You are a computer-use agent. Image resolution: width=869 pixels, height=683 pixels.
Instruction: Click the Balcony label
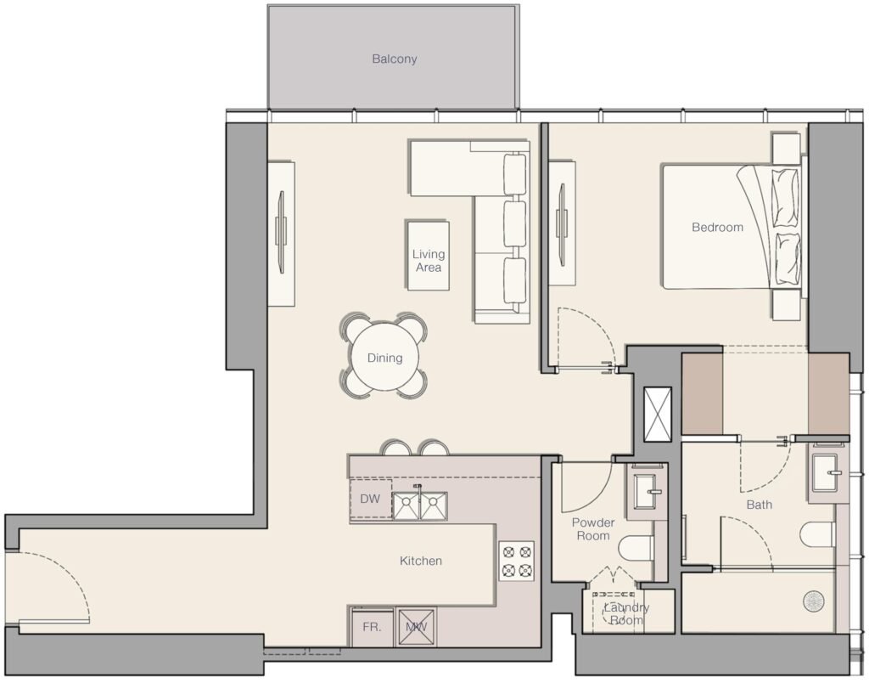coord(394,59)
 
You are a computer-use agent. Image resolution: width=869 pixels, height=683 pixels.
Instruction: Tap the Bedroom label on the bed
coord(717,227)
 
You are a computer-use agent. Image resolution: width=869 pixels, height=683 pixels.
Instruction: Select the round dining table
coord(384,358)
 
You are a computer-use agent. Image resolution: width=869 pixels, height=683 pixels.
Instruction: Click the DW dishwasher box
coord(370,499)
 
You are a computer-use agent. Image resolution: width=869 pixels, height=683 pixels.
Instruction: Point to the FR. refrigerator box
coord(373,627)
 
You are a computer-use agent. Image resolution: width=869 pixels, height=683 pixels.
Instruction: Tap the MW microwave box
coord(416,628)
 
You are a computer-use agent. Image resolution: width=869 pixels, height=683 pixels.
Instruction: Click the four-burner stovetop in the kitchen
coord(516,561)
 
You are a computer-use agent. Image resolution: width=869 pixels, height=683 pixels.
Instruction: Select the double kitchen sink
coord(419,505)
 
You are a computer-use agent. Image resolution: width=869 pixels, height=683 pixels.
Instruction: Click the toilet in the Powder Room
coord(635,548)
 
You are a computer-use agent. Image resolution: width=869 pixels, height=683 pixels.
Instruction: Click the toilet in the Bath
coord(817,534)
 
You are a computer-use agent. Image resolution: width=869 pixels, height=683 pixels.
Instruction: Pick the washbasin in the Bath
coord(827,472)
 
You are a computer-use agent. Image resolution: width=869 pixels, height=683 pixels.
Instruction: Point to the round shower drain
coord(813,601)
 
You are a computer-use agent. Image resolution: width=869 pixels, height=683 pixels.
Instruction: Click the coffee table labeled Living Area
coord(428,255)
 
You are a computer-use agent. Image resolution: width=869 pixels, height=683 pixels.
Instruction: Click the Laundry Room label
coord(626,613)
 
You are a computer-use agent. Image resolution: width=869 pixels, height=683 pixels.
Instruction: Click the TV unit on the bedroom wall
coord(562,223)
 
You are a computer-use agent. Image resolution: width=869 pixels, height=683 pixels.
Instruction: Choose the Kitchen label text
coord(421,561)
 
